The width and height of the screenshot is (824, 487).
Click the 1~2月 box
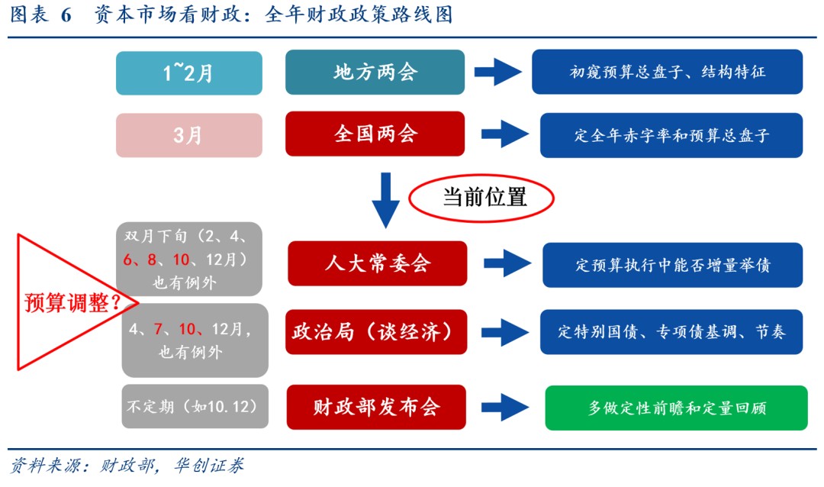click(x=188, y=73)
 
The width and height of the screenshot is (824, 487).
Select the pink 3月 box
click(x=188, y=135)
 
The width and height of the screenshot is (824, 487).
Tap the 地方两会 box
click(x=375, y=73)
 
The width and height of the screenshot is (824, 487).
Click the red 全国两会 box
click(x=375, y=134)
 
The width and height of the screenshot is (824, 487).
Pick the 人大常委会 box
click(x=377, y=263)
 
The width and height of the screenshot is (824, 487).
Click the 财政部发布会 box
click(x=377, y=407)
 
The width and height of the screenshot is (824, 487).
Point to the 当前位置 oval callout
click(x=481, y=197)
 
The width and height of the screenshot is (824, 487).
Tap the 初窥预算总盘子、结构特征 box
click(x=667, y=73)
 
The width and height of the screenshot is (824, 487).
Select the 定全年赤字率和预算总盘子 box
click(x=671, y=135)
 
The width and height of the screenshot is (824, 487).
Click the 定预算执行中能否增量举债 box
click(x=672, y=265)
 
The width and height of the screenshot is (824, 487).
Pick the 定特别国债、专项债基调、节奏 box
click(x=671, y=332)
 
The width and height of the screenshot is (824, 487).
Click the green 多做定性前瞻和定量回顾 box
click(x=676, y=408)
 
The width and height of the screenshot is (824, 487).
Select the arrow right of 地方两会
click(x=497, y=73)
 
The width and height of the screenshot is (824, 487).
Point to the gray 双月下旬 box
click(x=189, y=259)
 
